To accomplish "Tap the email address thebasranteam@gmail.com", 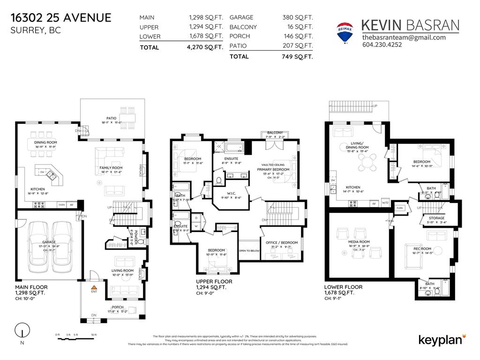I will click(404, 37).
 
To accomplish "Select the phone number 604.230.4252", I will click(382, 45).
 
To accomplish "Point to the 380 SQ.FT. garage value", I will click(297, 17).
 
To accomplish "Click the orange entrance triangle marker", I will click(94, 286).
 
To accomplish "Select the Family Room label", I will click(111, 168).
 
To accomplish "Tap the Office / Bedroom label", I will click(278, 242).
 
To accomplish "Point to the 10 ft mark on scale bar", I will click(94, 335).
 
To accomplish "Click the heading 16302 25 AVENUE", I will click(61, 18).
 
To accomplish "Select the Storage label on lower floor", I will click(433, 218).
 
